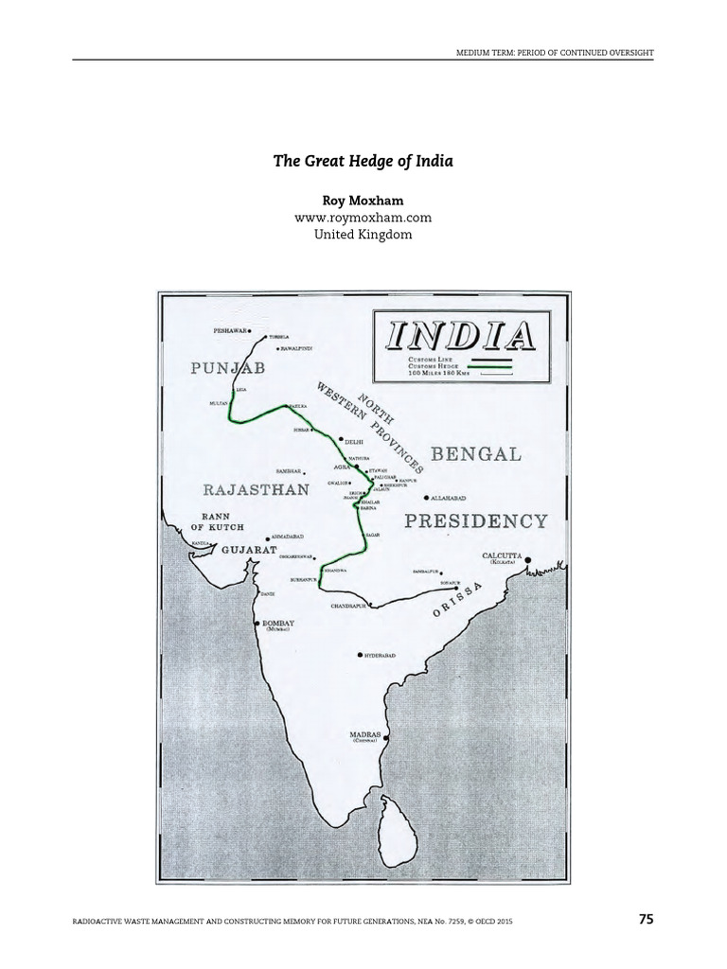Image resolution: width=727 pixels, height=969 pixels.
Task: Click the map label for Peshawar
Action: coord(230,331)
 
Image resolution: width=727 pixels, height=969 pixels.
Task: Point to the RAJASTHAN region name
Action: coord(256,489)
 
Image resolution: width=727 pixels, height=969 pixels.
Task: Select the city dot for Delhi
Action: coord(341,439)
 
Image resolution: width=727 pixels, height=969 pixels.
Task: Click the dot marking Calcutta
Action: coord(528,559)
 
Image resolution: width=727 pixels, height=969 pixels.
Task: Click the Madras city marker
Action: coord(386,735)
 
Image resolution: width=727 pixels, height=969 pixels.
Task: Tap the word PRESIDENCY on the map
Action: coord(476,520)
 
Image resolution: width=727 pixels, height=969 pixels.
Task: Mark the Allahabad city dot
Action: coord(427,497)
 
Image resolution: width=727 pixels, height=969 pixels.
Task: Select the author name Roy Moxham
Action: coord(363,203)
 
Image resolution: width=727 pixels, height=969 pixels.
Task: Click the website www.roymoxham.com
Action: coord(363,219)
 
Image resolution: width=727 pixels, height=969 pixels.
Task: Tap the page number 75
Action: coord(646,919)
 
